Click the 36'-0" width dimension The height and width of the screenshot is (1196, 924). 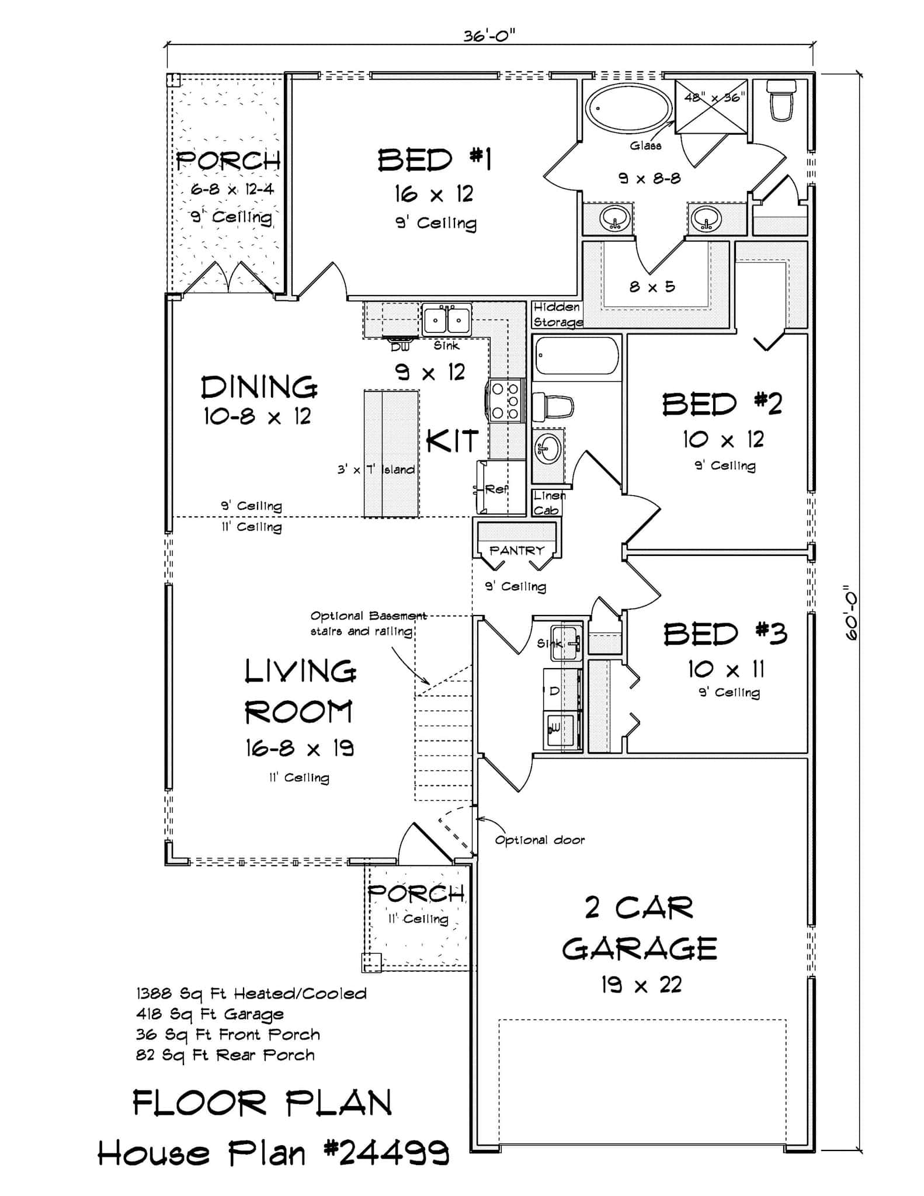[489, 36]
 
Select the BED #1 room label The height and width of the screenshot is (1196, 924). [435, 160]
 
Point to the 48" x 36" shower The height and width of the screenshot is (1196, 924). [711, 106]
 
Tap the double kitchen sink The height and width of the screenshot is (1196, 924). [447, 319]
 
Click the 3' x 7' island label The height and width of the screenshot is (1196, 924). [376, 470]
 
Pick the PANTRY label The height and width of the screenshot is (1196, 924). [516, 550]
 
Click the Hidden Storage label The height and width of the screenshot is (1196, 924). [557, 314]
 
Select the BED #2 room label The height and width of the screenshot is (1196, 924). [722, 404]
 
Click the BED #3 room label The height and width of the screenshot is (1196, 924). [725, 634]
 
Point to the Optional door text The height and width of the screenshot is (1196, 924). [540, 840]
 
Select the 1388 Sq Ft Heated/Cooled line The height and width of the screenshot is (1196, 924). [251, 994]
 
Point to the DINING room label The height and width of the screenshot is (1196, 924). [259, 387]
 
